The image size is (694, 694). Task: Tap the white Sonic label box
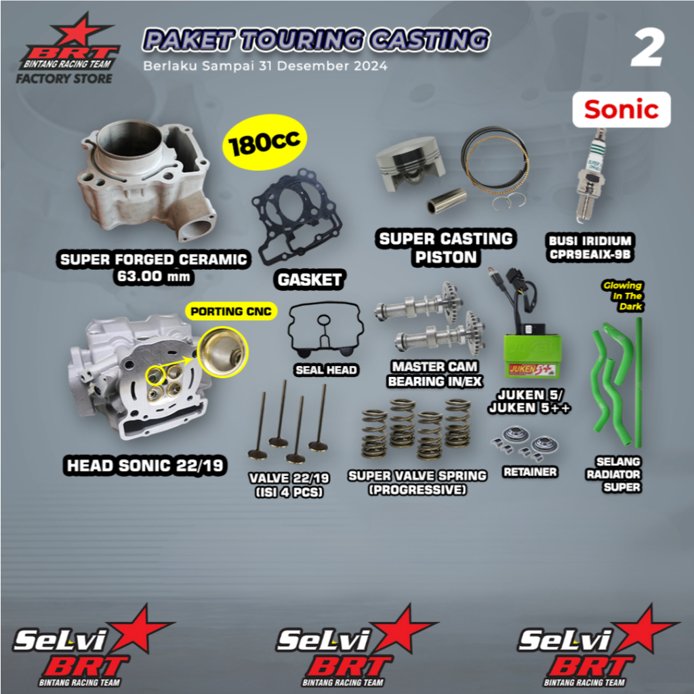pos(621,109)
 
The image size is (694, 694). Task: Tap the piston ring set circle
pos(495,162)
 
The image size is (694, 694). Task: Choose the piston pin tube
pos(447,201)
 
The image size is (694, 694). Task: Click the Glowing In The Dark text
pos(623,295)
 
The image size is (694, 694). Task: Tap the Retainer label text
pos(531,472)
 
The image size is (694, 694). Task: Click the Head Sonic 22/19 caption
pos(145,466)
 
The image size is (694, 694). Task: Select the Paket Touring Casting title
pos(315,40)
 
